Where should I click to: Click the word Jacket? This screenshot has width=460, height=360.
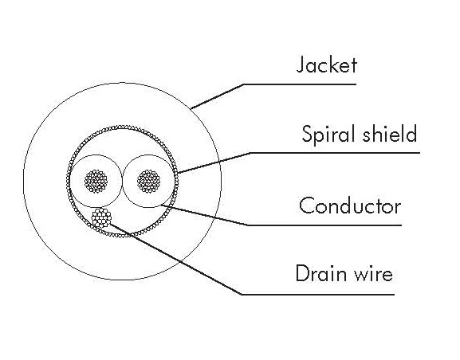tap(327, 65)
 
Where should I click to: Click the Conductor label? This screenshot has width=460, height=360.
tap(350, 205)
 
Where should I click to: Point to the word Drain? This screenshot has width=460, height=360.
tap(321, 273)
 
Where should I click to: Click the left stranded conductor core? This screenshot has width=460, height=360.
tap(96, 181)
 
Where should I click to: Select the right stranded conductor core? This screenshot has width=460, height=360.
tap(149, 181)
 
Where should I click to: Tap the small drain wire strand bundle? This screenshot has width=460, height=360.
tap(101, 217)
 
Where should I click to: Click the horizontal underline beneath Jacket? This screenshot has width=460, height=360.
tap(300, 84)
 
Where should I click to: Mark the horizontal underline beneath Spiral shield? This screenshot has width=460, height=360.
tap(335, 153)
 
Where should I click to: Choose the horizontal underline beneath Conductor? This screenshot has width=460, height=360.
tap(324, 225)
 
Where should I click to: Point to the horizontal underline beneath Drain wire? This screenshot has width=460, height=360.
tap(318, 294)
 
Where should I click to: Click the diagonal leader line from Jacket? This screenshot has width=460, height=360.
tap(217, 96)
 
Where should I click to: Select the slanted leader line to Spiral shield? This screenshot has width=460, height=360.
tap(214, 162)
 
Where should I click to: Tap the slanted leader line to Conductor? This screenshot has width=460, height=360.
tap(203, 214)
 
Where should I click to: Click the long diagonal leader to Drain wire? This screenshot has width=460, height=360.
tap(176, 259)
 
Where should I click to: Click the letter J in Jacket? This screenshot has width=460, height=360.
tap(300, 65)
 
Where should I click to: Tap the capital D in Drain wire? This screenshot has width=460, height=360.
tap(303, 273)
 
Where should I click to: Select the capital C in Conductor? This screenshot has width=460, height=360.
tap(307, 205)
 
